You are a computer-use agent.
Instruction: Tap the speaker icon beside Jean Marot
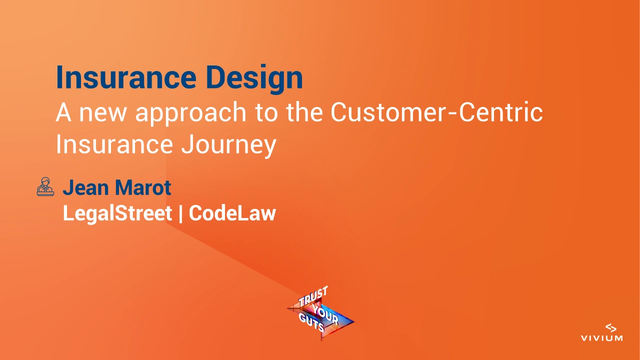45,187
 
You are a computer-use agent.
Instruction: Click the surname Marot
143,188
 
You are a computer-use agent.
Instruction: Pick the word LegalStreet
117,213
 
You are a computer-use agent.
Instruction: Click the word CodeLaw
232,213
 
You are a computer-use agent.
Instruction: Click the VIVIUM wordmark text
601,338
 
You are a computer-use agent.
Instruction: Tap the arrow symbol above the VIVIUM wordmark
610,327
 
